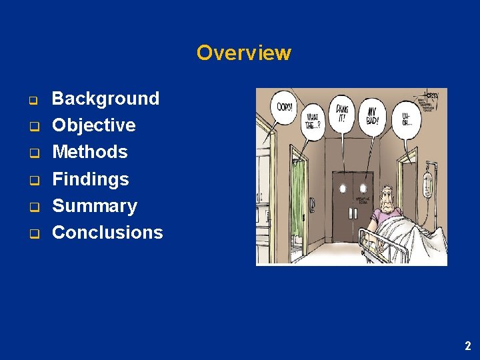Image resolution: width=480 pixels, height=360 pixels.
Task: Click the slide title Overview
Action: (x=243, y=53)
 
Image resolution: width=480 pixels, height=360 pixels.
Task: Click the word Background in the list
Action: (x=105, y=99)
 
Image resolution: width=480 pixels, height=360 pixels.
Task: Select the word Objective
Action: (x=93, y=125)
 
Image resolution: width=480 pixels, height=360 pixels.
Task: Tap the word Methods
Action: (x=89, y=152)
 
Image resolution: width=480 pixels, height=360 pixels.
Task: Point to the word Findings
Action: (x=90, y=179)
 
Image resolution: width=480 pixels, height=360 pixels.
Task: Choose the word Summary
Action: (x=94, y=205)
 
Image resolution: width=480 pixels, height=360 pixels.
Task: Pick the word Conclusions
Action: (x=107, y=233)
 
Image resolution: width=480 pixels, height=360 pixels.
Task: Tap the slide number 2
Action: (x=467, y=345)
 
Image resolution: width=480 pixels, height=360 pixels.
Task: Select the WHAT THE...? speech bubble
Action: (x=313, y=121)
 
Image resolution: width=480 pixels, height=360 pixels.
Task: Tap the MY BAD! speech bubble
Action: (x=370, y=115)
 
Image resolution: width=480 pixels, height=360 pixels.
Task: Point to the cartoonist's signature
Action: (x=431, y=97)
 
